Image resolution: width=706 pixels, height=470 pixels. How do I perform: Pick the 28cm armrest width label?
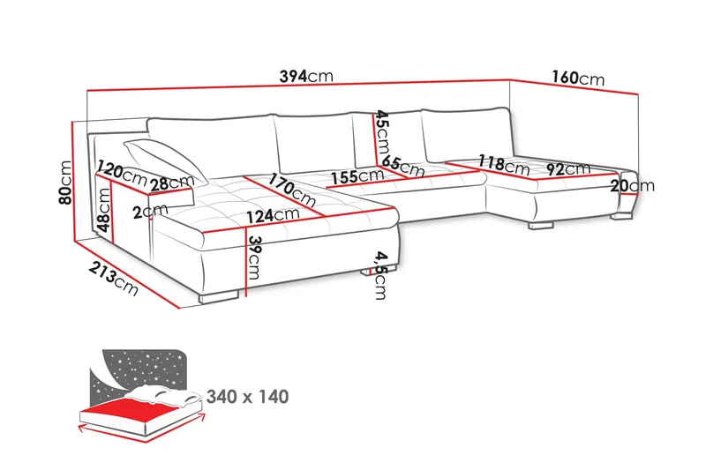pyautogui.click(x=171, y=183)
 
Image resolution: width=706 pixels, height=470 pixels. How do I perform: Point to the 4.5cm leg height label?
pyautogui.click(x=379, y=275)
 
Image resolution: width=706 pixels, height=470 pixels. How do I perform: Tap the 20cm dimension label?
pyautogui.click(x=632, y=185)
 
